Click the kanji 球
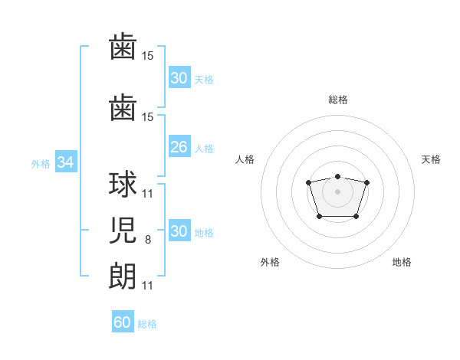pyautogui.click(x=123, y=184)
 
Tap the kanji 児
pyautogui.click(x=123, y=230)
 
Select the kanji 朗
pyautogui.click(x=123, y=276)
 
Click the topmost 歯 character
pyautogui.click(x=123, y=46)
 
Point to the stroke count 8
pyautogui.click(x=148, y=240)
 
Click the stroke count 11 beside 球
pyautogui.click(x=147, y=194)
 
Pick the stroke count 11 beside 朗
pyautogui.click(x=147, y=286)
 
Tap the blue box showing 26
pyautogui.click(x=179, y=146)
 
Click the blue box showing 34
pyautogui.click(x=66, y=162)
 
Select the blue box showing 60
pyautogui.click(x=123, y=321)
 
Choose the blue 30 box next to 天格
pyautogui.click(x=179, y=77)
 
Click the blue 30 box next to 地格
pyautogui.click(x=179, y=230)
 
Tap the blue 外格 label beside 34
pyautogui.click(x=41, y=164)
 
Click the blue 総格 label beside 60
pyautogui.click(x=147, y=324)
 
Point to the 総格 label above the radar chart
pyautogui.click(x=338, y=100)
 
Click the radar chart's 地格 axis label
pyautogui.click(x=402, y=262)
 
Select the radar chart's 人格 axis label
pyautogui.click(x=245, y=159)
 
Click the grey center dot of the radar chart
pyautogui.click(x=337, y=191)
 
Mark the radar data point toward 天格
pyautogui.click(x=366, y=182)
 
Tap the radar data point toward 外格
pyautogui.click(x=320, y=217)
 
